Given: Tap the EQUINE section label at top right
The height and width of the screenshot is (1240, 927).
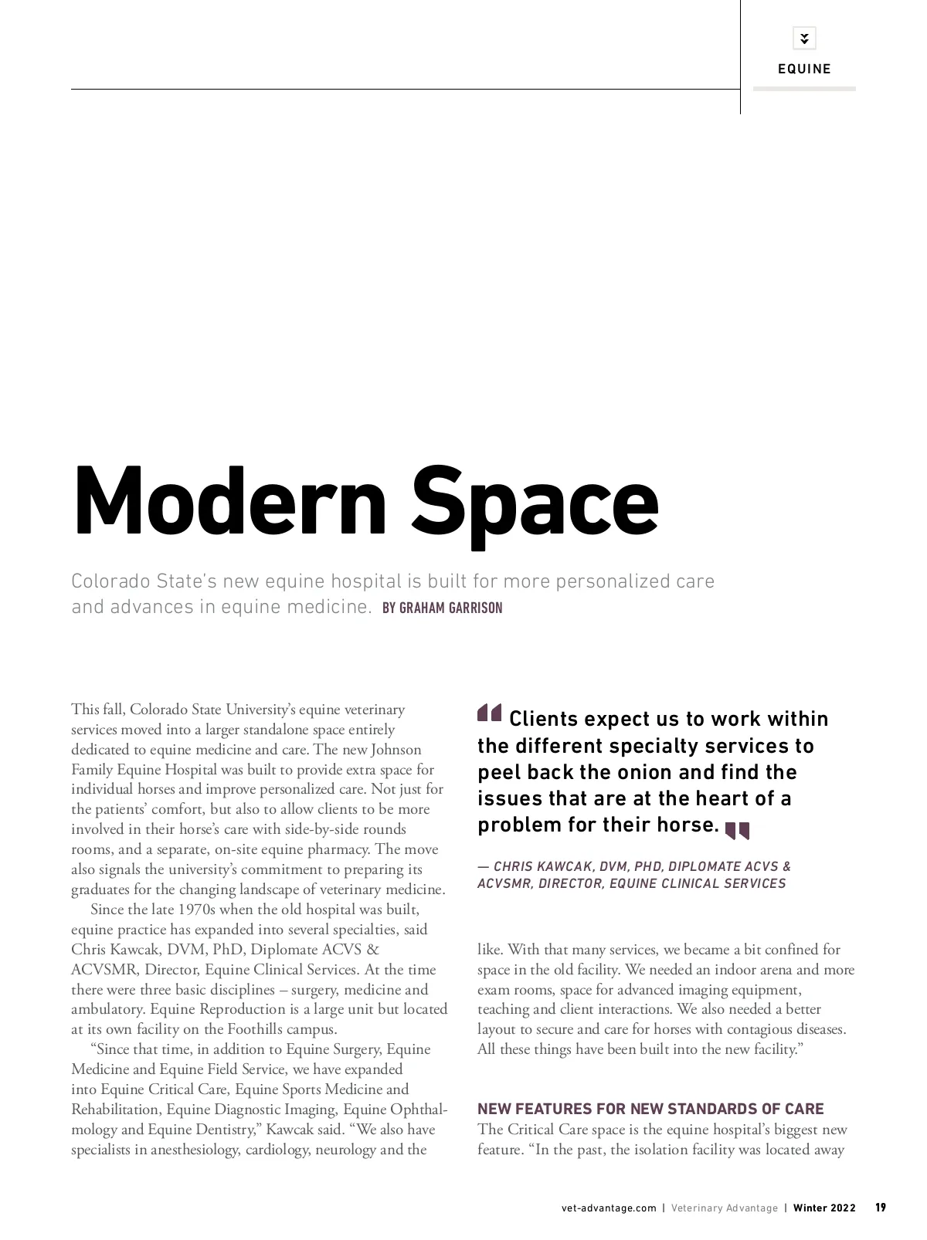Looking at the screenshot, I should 804,69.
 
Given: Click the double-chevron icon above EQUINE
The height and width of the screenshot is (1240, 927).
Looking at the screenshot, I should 804,38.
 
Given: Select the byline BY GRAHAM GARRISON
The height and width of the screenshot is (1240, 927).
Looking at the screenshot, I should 442,608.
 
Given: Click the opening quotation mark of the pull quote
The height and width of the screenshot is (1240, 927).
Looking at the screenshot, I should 490,713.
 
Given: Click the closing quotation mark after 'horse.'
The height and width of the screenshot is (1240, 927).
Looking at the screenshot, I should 737,830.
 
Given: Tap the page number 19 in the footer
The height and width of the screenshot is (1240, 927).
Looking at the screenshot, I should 881,1208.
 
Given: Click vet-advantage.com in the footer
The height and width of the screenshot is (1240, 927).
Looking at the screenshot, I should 609,1208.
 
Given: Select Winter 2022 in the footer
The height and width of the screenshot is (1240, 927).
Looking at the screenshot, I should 824,1208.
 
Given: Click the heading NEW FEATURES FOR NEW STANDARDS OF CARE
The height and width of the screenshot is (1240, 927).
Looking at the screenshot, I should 650,1109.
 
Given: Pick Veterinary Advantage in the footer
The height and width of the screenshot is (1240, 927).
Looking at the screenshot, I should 725,1208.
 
